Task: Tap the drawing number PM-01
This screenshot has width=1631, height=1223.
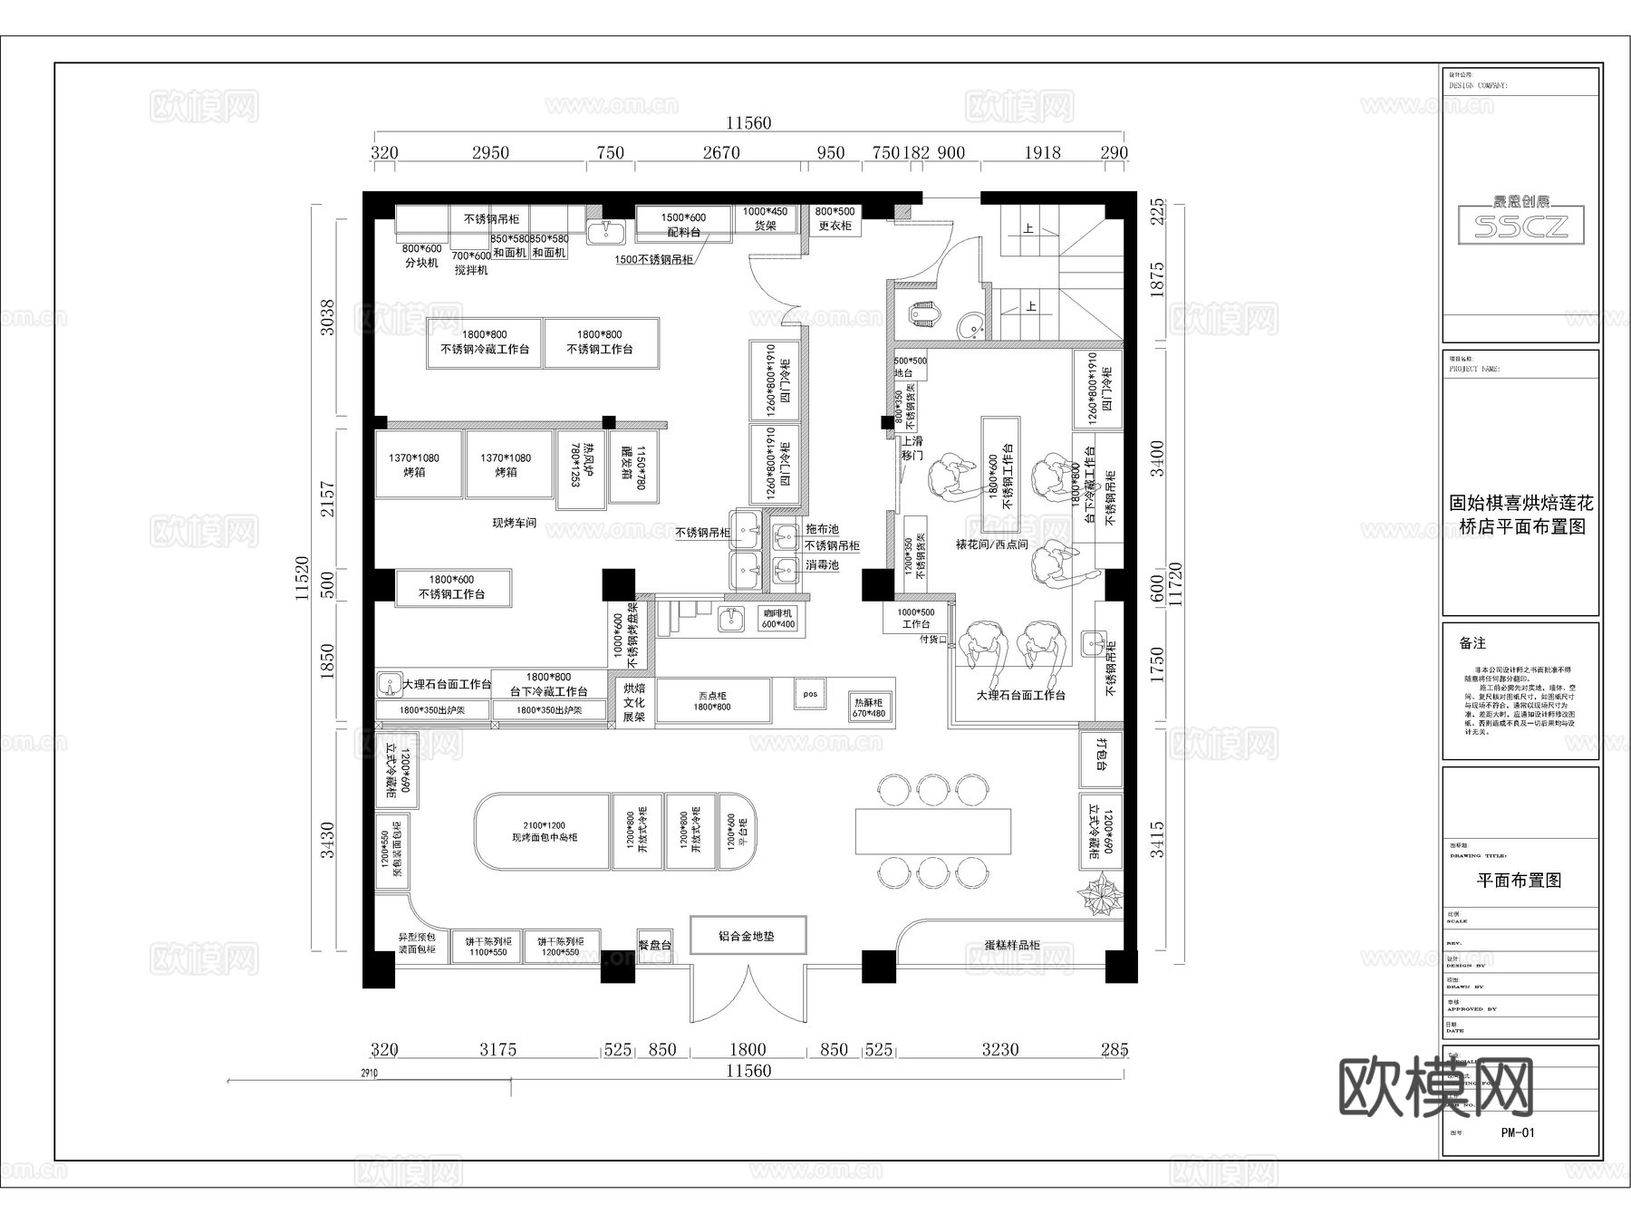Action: point(1517,1132)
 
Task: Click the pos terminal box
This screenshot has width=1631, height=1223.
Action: point(810,695)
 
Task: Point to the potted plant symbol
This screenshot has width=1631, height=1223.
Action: point(1101,895)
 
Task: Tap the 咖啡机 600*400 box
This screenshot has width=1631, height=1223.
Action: point(777,619)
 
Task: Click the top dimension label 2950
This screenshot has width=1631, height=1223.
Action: point(490,153)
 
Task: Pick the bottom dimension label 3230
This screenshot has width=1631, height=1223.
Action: point(1000,1050)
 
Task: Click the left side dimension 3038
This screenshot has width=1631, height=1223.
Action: point(328,317)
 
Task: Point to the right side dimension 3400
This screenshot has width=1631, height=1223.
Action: point(1157,459)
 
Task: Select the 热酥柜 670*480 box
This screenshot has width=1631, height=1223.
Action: point(868,708)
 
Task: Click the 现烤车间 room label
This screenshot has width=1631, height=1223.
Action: point(514,524)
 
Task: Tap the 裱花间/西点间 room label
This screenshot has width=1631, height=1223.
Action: point(991,544)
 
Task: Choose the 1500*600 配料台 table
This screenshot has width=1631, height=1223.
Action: point(683,224)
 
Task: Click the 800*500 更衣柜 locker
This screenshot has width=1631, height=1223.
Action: point(835,218)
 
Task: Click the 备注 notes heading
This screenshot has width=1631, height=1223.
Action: point(1472,643)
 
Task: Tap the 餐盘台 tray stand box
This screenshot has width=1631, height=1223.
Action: point(654,945)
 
